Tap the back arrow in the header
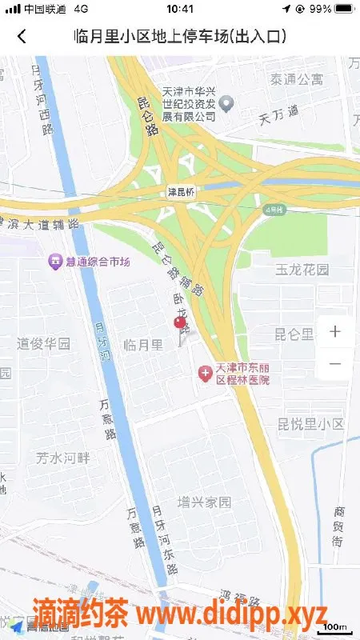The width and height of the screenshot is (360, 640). point(22,36)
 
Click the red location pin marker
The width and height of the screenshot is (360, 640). point(180,323)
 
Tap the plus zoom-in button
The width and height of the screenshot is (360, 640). point(334,331)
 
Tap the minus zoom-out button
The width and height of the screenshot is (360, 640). point(334,364)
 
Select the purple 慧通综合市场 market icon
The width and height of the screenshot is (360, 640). point(55,262)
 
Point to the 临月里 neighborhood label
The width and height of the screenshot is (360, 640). point(144,345)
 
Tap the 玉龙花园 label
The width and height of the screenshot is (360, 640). point(302,270)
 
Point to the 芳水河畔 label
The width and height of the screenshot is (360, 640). point(64,458)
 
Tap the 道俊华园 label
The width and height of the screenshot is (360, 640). point(44,345)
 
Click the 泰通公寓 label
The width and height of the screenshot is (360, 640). point(296,79)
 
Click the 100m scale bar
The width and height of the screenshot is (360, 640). point(335,627)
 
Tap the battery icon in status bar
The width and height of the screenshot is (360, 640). point(344,9)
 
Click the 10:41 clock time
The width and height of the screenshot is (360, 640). point(180,9)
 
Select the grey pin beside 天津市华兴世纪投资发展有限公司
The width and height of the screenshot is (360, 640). point(226,102)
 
